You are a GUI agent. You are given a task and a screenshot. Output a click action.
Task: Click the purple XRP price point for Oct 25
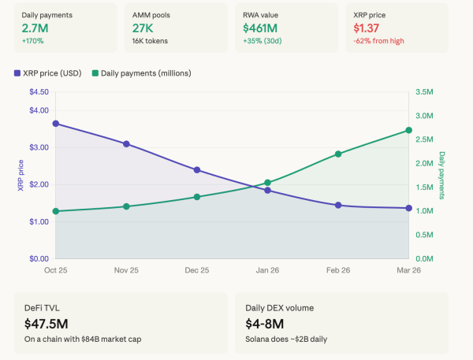(55, 124)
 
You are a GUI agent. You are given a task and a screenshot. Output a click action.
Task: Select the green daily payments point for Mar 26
(408, 130)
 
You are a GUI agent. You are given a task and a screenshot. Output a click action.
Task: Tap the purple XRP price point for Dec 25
(197, 169)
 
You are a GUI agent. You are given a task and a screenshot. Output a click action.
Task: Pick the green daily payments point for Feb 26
(338, 154)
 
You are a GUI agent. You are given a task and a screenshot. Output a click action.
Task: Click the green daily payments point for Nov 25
(126, 206)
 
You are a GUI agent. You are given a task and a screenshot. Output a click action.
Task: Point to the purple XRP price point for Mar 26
(408, 208)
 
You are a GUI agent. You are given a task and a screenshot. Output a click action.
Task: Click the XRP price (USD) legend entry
(49, 73)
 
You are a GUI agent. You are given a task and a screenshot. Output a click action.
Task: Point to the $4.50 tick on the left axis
(39, 92)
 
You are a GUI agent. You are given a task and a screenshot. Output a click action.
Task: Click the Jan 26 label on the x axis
(267, 270)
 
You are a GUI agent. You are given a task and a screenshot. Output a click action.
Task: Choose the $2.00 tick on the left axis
(39, 184)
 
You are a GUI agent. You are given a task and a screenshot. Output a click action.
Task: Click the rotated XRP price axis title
(20, 176)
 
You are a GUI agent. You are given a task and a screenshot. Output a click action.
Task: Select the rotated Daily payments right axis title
(442, 176)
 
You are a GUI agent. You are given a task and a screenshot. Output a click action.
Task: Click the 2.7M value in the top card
(34, 28)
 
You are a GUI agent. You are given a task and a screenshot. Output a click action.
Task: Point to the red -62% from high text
(381, 40)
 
